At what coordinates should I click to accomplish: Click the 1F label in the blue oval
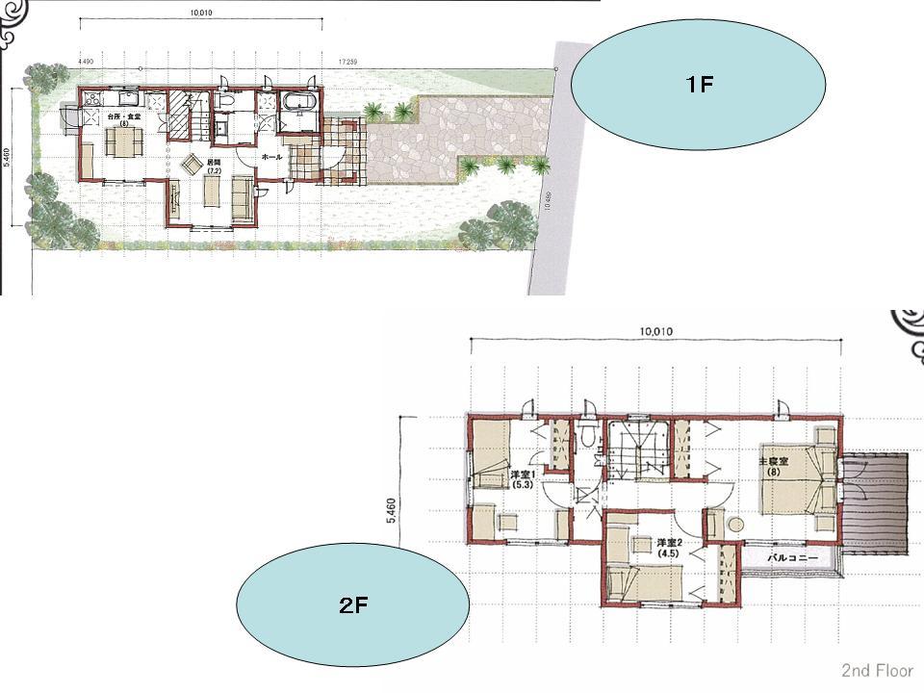tap(699, 85)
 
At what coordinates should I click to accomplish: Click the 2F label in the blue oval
tap(352, 605)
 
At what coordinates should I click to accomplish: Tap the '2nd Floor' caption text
tap(876, 670)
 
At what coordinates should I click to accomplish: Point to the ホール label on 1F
tap(271, 156)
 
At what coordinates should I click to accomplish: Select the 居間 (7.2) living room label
tap(215, 167)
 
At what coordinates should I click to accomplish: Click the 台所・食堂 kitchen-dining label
tap(123, 119)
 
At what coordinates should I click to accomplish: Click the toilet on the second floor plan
tap(586, 436)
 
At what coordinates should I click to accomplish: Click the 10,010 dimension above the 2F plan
tap(654, 331)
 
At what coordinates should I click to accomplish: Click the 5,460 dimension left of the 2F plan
tap(391, 510)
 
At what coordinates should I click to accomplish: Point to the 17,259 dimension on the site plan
tap(349, 62)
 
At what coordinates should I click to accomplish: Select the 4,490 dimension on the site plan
tap(86, 62)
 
